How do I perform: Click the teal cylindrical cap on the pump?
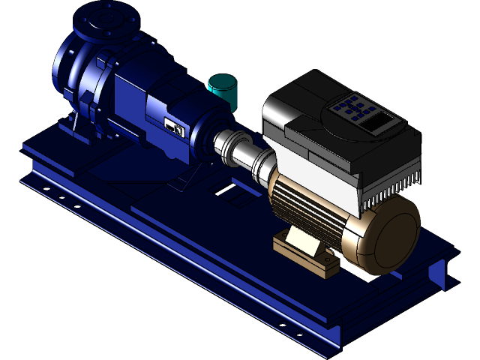click(223, 89)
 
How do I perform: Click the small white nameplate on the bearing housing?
click(175, 128)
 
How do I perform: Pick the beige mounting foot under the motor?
click(300, 244)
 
